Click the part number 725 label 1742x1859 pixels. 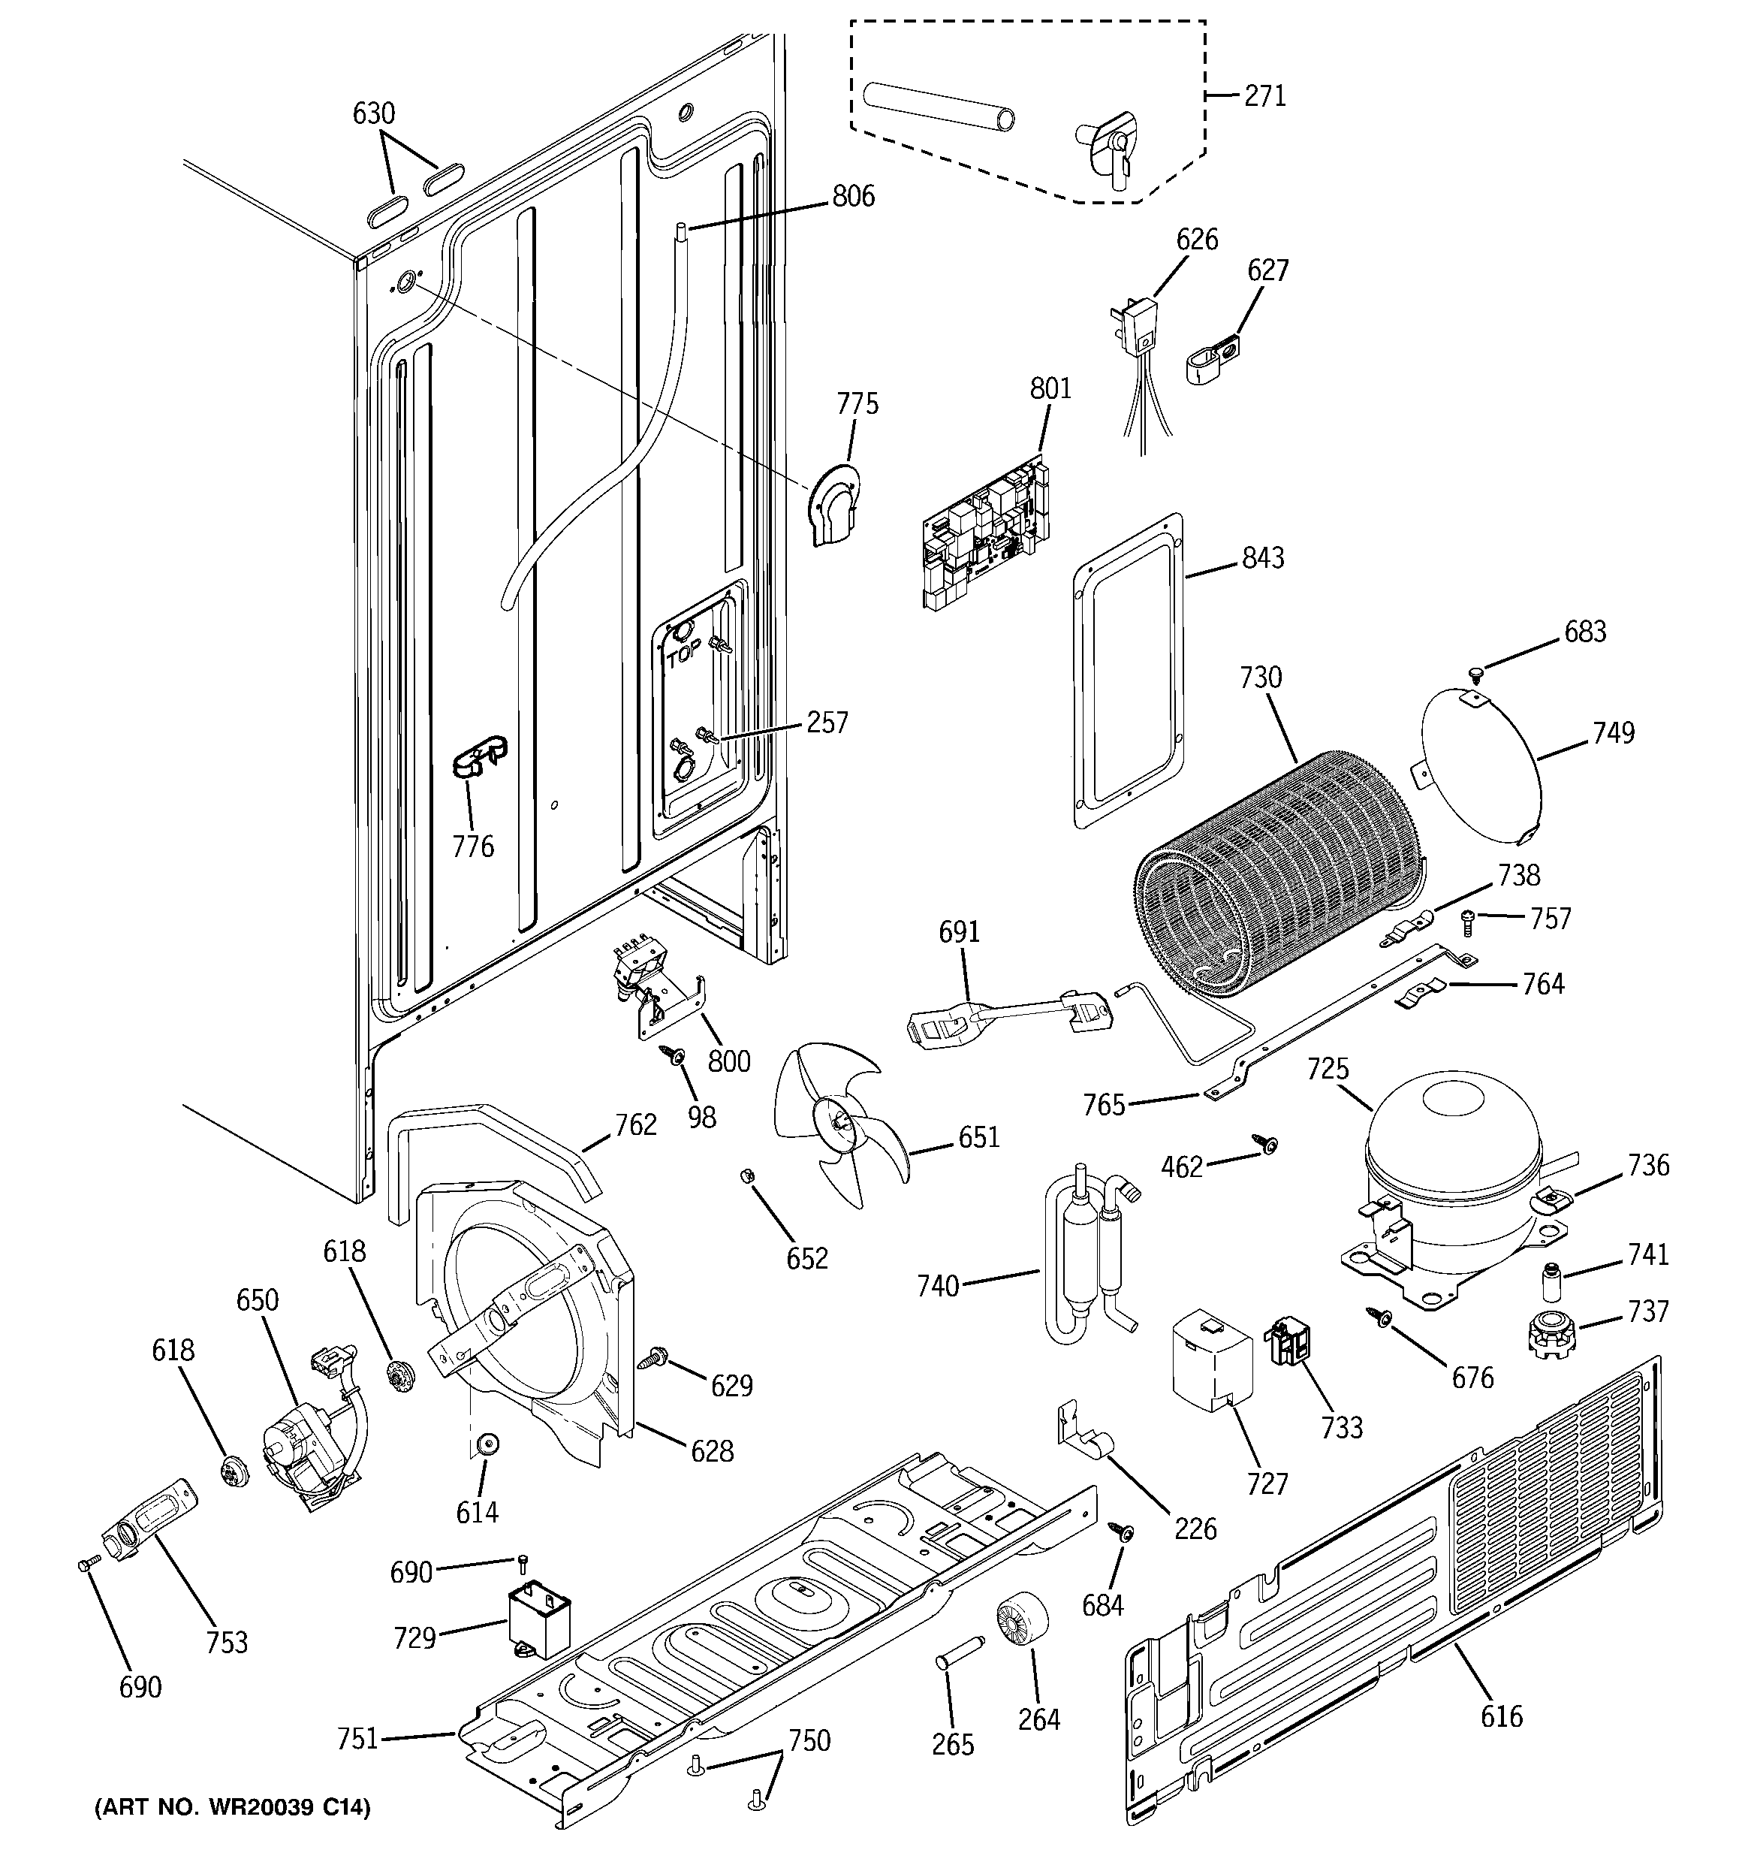pos(1328,1068)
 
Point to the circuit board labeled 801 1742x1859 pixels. pos(984,534)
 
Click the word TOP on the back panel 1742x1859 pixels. pos(683,656)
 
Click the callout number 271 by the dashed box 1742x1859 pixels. pos(1265,95)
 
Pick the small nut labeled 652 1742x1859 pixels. pos(747,1175)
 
